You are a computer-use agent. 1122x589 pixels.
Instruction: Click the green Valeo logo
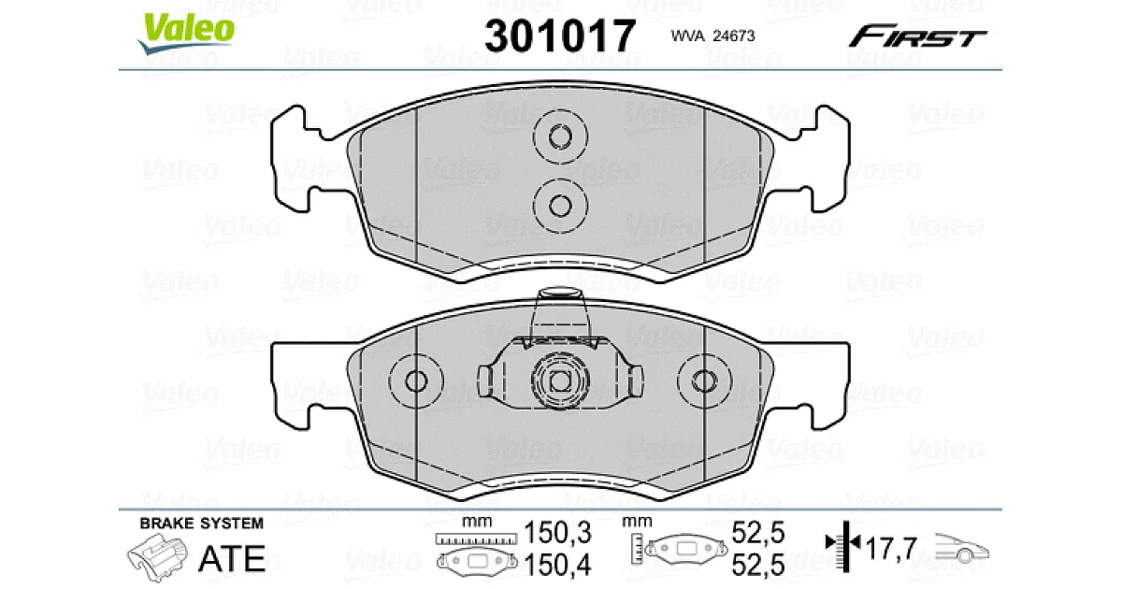pos(186,33)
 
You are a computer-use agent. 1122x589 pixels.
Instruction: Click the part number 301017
pos(560,36)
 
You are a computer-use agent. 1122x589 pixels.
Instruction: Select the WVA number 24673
pos(733,36)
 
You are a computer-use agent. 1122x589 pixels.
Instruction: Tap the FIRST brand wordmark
pos(917,36)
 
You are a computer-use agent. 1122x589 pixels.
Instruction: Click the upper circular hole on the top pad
pos(560,136)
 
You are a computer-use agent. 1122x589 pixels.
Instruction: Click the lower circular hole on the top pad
pos(560,206)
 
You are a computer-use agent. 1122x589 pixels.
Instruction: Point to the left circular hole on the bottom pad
pos(416,381)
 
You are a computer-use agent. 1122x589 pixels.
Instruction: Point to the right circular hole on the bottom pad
pos(704,381)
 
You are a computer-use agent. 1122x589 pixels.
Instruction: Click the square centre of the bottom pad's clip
pos(560,382)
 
